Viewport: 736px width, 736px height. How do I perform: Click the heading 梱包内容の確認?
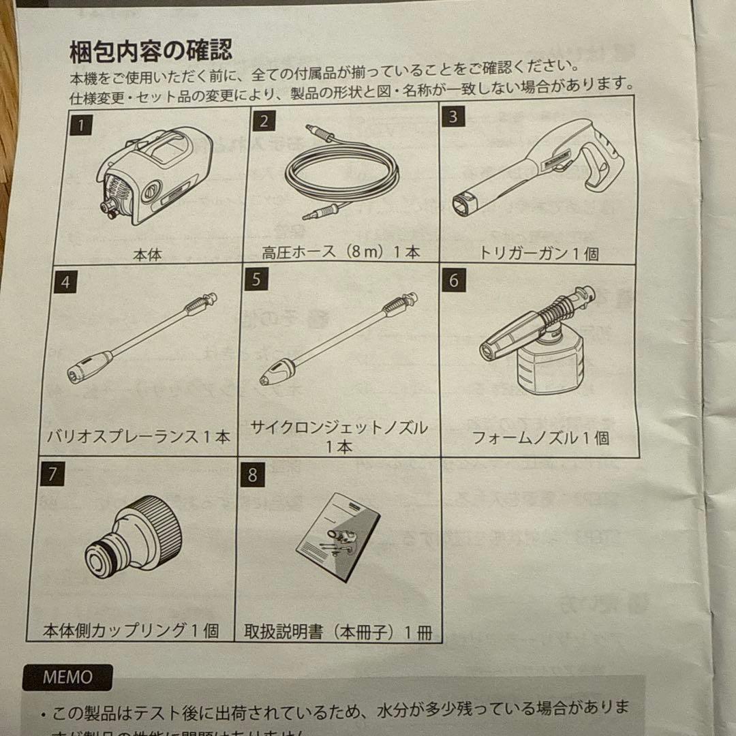(x=151, y=50)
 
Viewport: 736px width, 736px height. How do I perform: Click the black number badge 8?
(x=252, y=475)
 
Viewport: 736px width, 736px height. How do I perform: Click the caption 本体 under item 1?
(x=147, y=256)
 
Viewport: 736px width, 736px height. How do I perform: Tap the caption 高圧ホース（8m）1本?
(x=341, y=252)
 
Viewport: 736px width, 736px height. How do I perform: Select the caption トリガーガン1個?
(x=538, y=254)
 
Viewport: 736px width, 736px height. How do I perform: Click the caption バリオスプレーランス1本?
(x=140, y=437)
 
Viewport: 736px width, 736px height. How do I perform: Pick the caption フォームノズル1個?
(x=540, y=438)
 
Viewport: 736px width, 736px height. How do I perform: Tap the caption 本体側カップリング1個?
(x=131, y=630)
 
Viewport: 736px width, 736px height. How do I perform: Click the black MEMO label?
(x=67, y=677)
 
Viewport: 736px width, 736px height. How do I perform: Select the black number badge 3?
(x=453, y=117)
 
